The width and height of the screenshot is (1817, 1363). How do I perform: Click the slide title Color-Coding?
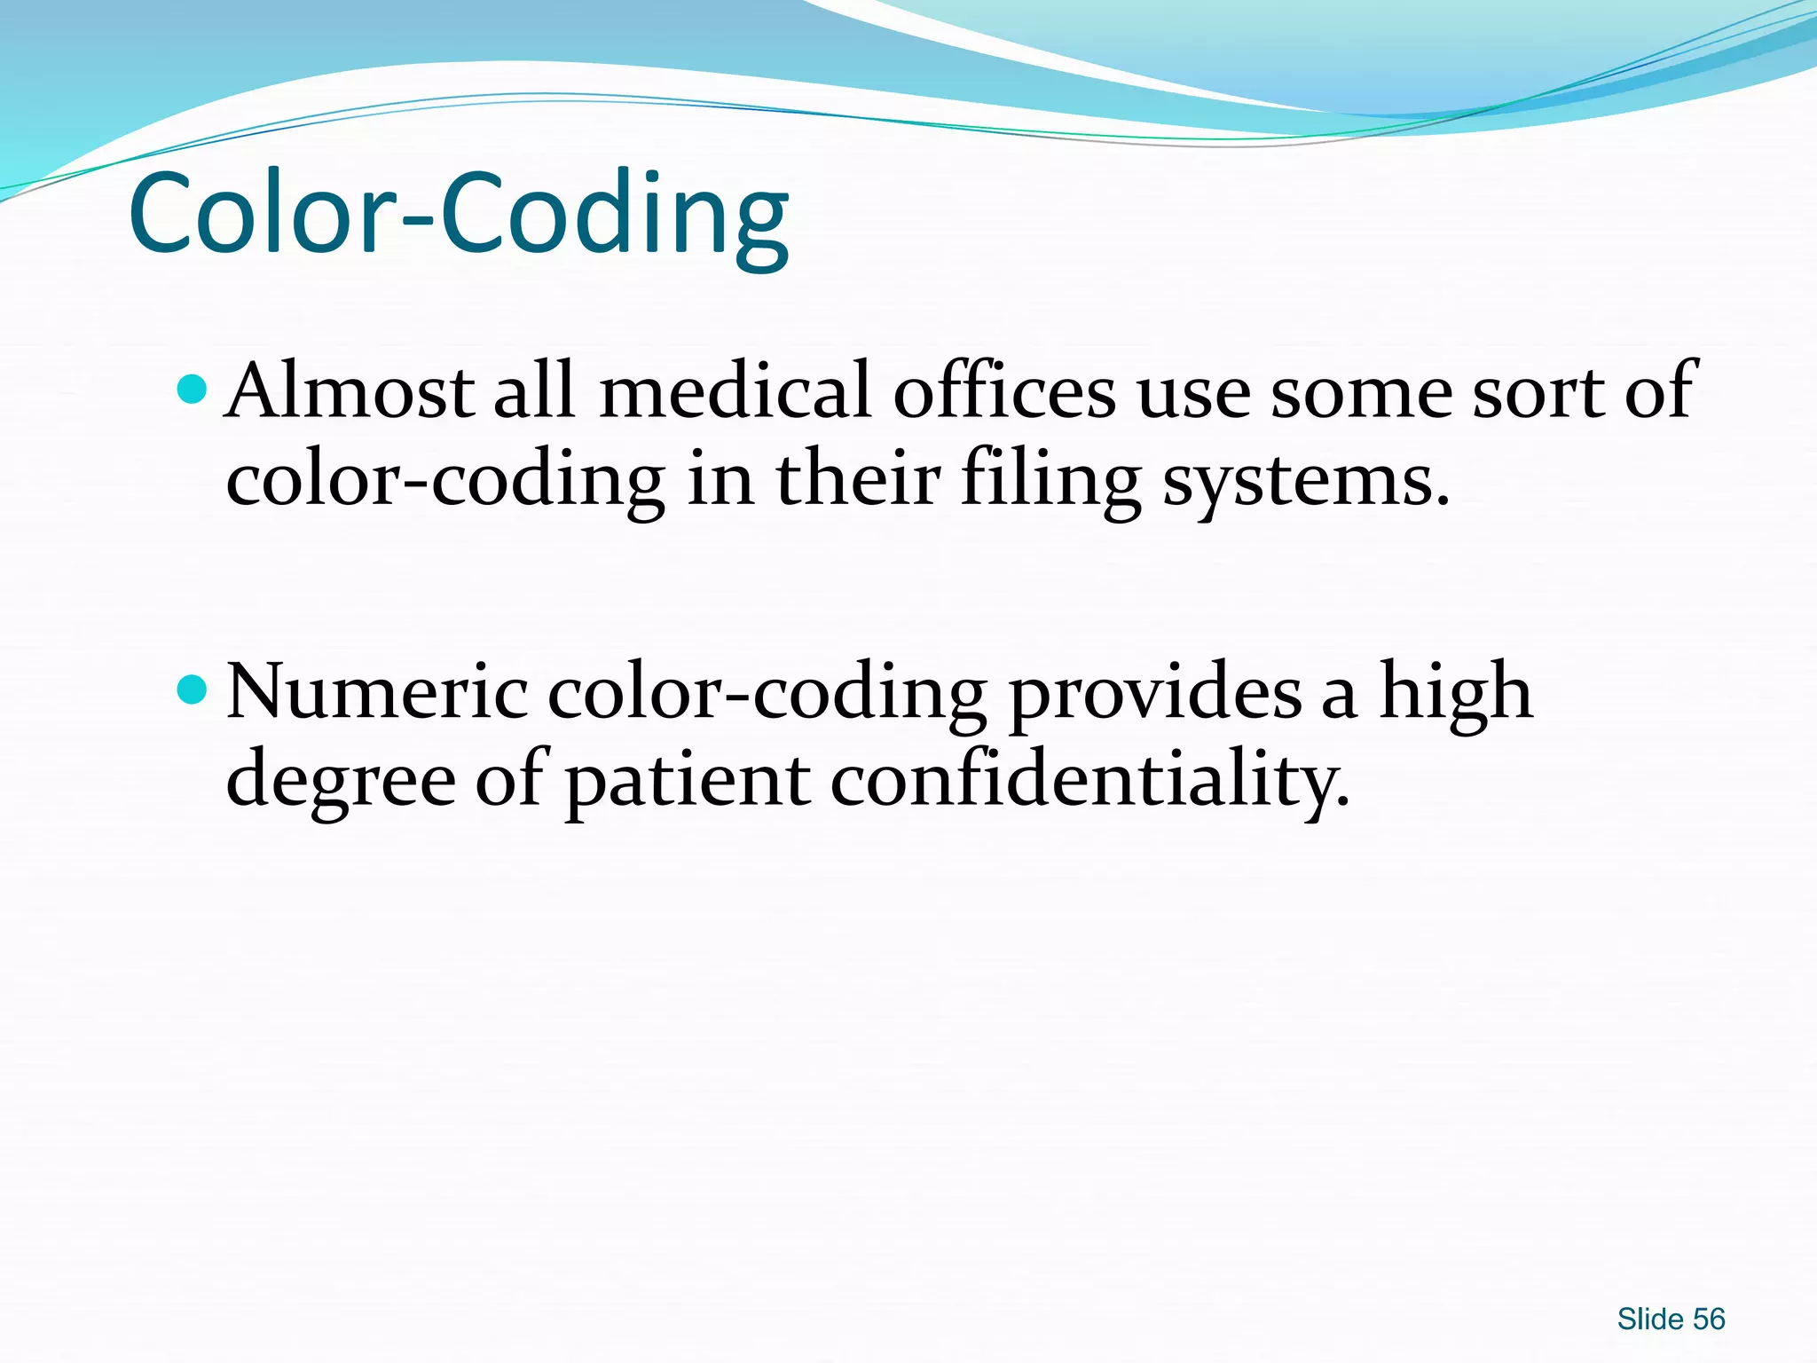[459, 215]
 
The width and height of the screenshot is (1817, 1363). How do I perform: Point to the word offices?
[1003, 390]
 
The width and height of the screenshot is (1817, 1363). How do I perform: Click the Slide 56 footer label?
[1671, 1320]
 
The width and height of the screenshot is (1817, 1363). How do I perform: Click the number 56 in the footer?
[1709, 1320]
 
